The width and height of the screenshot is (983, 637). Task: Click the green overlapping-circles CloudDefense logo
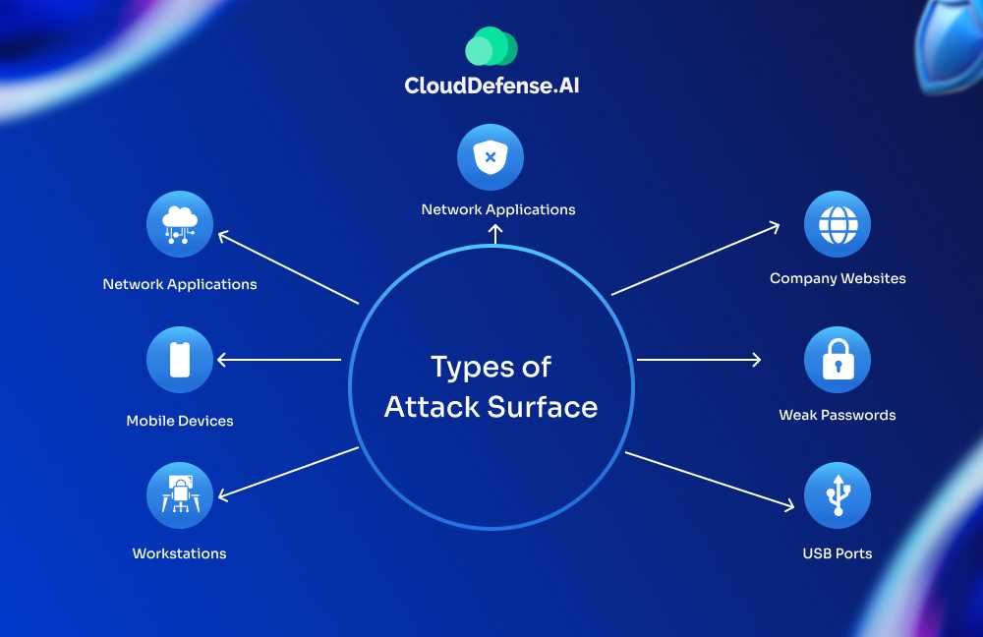491,46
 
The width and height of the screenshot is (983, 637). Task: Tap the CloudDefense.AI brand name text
491,86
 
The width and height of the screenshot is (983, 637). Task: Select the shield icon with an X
491,157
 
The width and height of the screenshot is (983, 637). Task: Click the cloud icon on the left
180,224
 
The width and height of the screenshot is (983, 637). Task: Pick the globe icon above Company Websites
838,224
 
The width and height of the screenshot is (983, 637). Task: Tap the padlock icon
838,360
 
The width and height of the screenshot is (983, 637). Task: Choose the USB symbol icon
838,496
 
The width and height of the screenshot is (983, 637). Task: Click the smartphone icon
180,360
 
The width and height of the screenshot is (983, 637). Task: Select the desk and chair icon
180,494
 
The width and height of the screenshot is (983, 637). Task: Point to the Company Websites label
838,278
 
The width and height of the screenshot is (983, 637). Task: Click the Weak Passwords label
838,415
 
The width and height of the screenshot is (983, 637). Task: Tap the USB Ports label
838,553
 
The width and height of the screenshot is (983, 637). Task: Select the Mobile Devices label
180,421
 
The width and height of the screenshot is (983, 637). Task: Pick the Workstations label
180,553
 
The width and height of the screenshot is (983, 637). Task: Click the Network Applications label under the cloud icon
180,284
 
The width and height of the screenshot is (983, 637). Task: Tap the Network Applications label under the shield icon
498,209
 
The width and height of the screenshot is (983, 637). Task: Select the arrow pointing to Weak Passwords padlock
698,360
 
